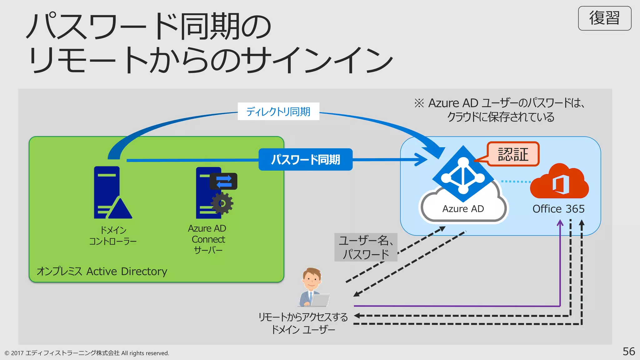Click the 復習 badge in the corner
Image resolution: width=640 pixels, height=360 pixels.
[x=604, y=18]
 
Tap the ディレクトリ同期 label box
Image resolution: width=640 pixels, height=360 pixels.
[x=278, y=111]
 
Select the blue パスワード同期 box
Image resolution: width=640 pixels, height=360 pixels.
[x=305, y=159]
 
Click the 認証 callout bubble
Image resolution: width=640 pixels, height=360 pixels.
[x=513, y=154]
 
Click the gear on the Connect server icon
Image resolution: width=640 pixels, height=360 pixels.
[x=222, y=203]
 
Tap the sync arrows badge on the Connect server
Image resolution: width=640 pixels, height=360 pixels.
[x=224, y=181]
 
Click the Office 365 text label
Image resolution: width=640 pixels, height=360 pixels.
[x=558, y=209]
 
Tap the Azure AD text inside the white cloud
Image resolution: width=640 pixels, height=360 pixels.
[x=463, y=209]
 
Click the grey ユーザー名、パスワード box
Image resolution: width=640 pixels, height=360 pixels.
[x=365, y=247]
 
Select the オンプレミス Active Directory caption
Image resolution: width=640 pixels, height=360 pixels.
[x=102, y=271]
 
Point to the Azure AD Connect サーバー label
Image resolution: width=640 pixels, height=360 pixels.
[x=207, y=239]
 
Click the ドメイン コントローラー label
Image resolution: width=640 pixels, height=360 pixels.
[x=113, y=236]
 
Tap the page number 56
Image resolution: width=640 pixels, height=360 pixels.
[x=628, y=351]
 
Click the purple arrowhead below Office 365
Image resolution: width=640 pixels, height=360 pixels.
[x=560, y=223]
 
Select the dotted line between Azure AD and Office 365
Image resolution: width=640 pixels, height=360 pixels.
[x=516, y=181]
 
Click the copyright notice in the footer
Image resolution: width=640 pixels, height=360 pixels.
[x=87, y=353]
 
